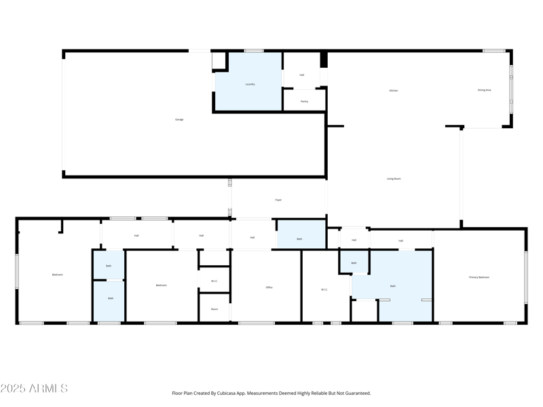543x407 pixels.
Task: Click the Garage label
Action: (179, 119)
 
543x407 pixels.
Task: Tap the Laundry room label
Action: (250, 84)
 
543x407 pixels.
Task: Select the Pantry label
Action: (304, 101)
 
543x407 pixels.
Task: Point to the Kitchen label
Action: (393, 90)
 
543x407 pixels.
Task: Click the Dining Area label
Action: (484, 90)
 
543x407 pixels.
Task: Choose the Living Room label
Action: (394, 178)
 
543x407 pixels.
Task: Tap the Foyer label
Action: (278, 200)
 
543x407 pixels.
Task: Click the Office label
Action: (269, 288)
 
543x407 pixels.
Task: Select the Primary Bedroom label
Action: (479, 277)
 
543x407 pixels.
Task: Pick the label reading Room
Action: (214, 309)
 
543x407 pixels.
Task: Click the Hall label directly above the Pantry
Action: (302, 75)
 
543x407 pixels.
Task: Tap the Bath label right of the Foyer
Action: (299, 239)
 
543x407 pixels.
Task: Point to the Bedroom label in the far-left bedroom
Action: (57, 275)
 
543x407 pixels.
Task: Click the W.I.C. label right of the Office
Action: (324, 290)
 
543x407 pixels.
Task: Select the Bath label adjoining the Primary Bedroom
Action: (392, 286)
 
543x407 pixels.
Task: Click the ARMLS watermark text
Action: (34, 389)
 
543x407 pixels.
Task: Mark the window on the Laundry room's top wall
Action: (254, 51)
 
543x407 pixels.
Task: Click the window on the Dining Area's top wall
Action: (493, 51)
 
